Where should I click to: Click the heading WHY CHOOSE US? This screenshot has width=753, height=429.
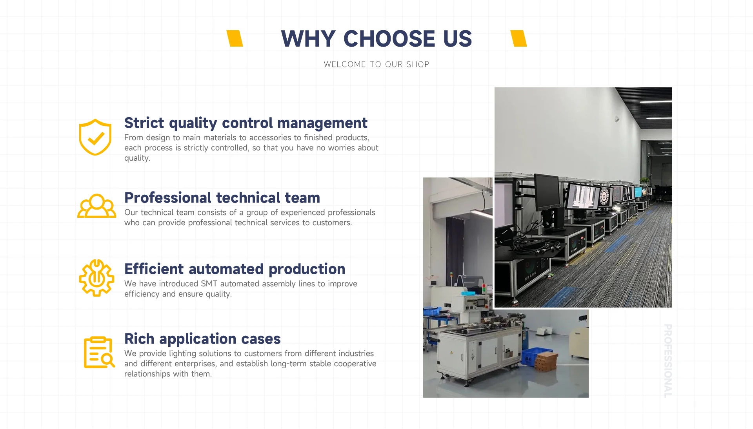pyautogui.click(x=376, y=39)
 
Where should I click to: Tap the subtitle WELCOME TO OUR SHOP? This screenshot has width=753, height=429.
pyautogui.click(x=376, y=64)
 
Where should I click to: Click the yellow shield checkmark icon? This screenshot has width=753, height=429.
pyautogui.click(x=95, y=137)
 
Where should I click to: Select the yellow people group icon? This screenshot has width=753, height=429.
pyautogui.click(x=96, y=206)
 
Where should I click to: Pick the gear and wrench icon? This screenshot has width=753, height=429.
pyautogui.click(x=96, y=278)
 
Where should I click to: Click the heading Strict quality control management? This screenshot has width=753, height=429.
pyautogui.click(x=246, y=123)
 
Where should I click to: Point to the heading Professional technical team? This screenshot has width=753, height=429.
pyautogui.click(x=222, y=198)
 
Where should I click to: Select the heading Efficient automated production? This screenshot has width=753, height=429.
pyautogui.click(x=235, y=269)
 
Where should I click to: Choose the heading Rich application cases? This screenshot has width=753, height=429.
pyautogui.click(x=202, y=339)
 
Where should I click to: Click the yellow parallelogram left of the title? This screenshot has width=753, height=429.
pyautogui.click(x=235, y=38)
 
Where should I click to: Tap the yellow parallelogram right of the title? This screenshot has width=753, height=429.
pyautogui.click(x=518, y=38)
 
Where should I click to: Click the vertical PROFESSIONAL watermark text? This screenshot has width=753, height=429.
pyautogui.click(x=668, y=360)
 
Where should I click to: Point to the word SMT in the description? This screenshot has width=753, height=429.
pyautogui.click(x=209, y=284)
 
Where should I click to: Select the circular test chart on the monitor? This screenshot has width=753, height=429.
pyautogui.click(x=604, y=195)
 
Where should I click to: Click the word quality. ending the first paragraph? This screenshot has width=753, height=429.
pyautogui.click(x=137, y=158)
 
